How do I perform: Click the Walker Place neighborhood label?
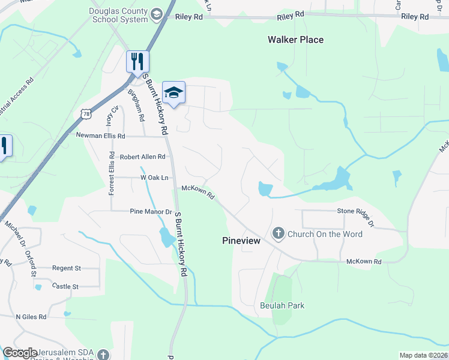[x=295, y=40]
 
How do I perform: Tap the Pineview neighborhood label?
[x=241, y=240]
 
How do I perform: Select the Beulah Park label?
[x=282, y=305]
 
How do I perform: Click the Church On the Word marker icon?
[x=278, y=233]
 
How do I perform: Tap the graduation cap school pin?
[x=173, y=92]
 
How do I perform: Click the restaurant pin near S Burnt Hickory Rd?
[x=137, y=61]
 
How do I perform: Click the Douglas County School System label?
[x=118, y=15]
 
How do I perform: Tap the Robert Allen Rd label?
[x=142, y=157]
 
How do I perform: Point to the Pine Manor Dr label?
[x=151, y=211]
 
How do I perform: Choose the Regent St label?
[x=67, y=268]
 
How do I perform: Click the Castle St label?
[x=65, y=287]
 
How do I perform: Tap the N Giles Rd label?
[x=32, y=316]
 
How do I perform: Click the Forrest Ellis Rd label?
[x=112, y=173]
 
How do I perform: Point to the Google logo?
[x=20, y=353]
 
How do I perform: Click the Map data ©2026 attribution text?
[x=423, y=355]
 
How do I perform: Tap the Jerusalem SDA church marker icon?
[x=103, y=354]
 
